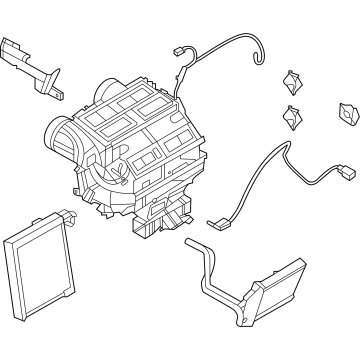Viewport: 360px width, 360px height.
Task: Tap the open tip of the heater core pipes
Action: [190, 250]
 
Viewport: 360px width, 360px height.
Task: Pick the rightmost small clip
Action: [348, 115]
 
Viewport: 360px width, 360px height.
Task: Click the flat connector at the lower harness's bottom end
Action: [214, 226]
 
